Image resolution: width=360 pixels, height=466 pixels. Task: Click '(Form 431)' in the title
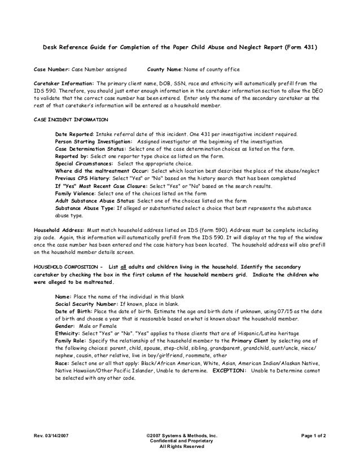(300, 47)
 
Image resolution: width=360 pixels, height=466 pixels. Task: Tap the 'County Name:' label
(164, 69)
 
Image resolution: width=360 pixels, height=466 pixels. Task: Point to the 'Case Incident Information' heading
(71, 120)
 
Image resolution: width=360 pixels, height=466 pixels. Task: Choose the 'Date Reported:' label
(74, 134)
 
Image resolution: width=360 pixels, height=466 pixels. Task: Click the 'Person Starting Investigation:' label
(94, 141)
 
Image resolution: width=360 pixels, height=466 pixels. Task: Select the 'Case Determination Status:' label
(91, 148)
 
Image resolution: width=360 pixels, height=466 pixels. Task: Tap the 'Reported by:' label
(72, 156)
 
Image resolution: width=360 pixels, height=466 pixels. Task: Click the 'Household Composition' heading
(67, 267)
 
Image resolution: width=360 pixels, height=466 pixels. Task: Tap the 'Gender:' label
(65, 326)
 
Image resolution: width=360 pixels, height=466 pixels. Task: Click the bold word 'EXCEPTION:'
(229, 371)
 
